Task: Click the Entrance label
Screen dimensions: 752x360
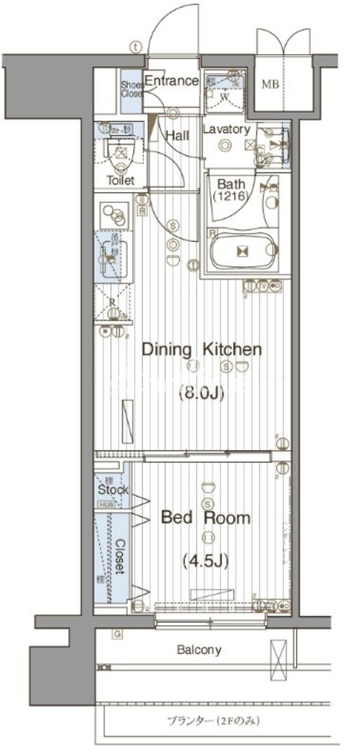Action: [x=172, y=81]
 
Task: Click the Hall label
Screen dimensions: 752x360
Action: [x=178, y=136]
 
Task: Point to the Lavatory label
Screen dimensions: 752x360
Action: [x=226, y=130]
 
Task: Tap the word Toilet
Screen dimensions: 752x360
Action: [x=121, y=180]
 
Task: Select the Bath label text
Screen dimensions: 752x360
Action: [x=230, y=184]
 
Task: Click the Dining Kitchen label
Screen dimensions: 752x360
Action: [x=201, y=349]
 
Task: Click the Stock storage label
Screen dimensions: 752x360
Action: [x=112, y=490]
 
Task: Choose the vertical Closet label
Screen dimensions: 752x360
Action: [x=119, y=556]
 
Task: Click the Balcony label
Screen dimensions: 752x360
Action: [x=199, y=649]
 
